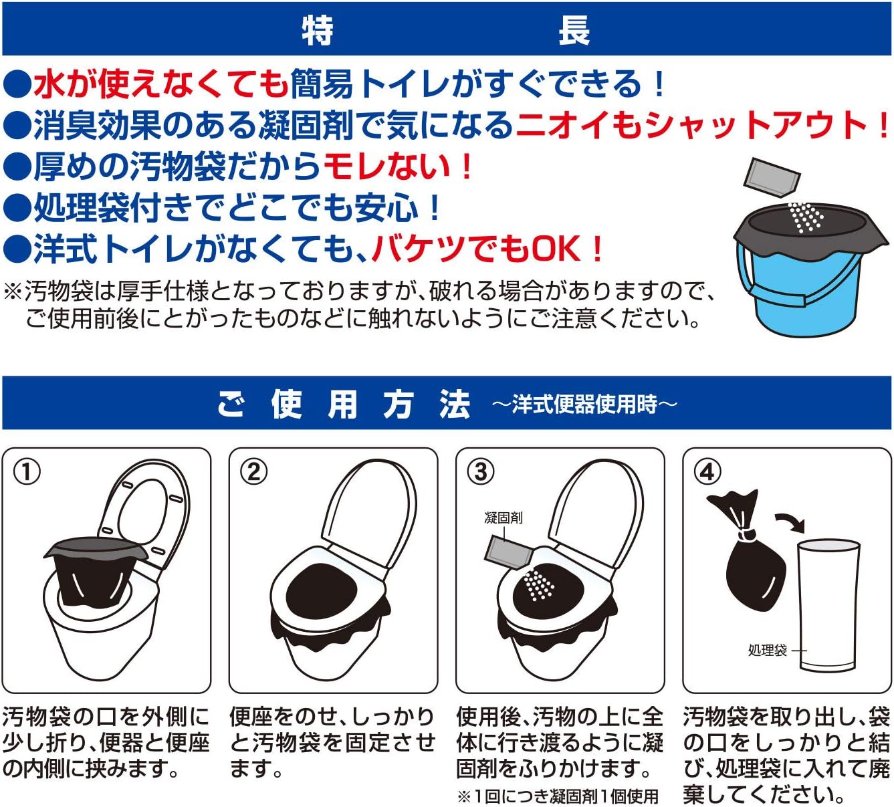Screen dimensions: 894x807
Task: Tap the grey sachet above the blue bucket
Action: pos(772,178)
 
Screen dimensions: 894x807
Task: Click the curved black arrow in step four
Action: pos(791,522)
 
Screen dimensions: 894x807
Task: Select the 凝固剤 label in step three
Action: pos(503,517)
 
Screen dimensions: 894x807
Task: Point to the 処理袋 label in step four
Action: pos(768,650)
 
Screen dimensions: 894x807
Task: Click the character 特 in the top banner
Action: pos(318,30)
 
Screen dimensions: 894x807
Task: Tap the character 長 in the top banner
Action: pos(574,30)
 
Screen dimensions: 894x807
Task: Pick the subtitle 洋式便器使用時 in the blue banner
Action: pos(584,404)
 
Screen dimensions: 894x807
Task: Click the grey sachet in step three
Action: pos(508,552)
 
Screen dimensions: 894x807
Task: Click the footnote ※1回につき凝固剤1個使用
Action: pos(558,796)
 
